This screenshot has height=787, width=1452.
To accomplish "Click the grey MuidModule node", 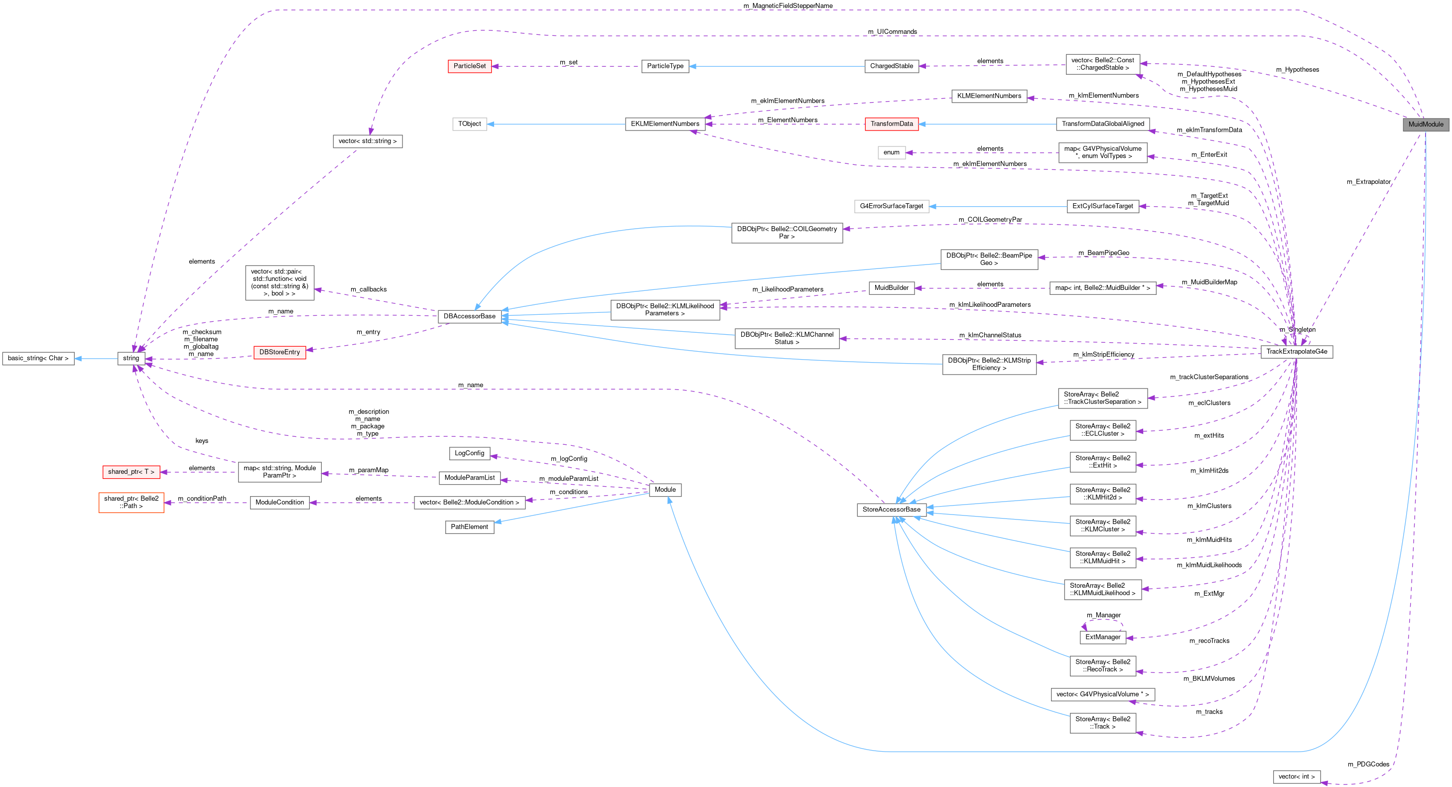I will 1426,125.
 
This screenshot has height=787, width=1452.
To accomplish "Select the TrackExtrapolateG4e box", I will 1297,352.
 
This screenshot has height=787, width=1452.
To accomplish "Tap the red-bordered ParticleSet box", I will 470,66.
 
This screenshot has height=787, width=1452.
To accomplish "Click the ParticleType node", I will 665,66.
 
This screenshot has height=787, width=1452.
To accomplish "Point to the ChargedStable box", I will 891,66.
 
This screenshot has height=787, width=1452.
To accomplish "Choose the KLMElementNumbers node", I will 989,96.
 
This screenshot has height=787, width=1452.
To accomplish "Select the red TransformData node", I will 891,124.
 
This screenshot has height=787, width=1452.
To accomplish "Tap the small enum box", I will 891,153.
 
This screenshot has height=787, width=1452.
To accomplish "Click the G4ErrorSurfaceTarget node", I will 891,206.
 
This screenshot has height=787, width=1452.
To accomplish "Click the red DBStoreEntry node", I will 279,352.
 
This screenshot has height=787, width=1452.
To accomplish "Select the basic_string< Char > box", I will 38,359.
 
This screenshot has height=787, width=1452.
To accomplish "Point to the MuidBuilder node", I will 891,288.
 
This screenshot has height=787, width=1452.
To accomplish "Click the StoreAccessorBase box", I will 891,510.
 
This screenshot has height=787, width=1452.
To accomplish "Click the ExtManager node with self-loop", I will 1102,637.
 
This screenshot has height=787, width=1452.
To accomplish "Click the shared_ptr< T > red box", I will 131,472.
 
